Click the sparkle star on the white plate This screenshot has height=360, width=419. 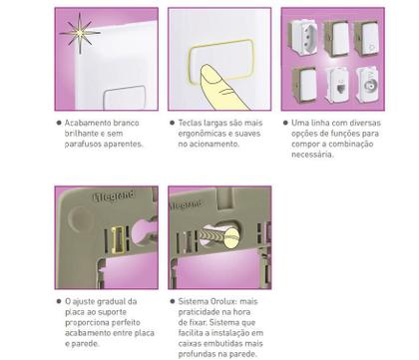[x=80, y=33]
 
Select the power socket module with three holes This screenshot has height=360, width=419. [x=302, y=37]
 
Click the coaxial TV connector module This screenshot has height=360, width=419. [x=367, y=85]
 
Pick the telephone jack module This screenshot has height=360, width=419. [x=338, y=85]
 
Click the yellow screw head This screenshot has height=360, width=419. [x=232, y=236]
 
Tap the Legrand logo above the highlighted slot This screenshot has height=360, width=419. [x=114, y=195]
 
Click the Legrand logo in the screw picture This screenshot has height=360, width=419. [x=187, y=204]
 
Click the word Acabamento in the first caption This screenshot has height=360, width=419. [x=88, y=123]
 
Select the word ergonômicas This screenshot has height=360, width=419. [x=202, y=134]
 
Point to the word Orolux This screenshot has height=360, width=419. [x=222, y=301]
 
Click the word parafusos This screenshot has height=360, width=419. [x=83, y=145]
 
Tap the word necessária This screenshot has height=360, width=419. [x=312, y=155]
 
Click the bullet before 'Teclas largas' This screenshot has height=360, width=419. [x=172, y=123]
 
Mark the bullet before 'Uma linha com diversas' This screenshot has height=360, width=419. [x=285, y=123]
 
